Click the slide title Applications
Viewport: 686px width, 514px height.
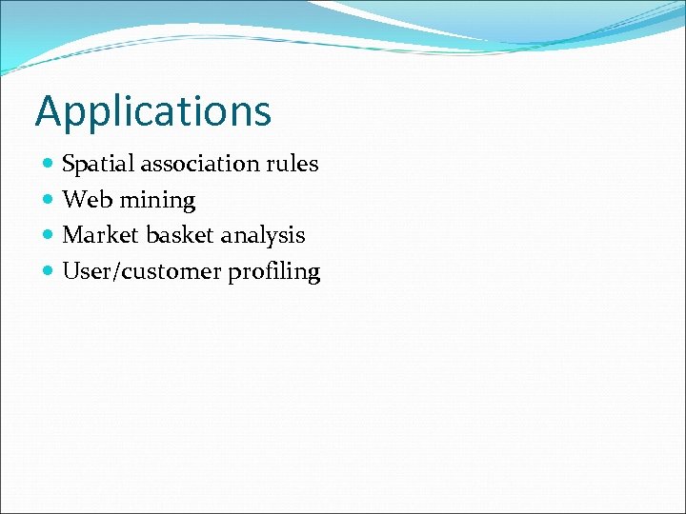tap(153, 111)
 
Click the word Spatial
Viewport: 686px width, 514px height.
tap(98, 165)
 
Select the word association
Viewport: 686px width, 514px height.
tap(201, 164)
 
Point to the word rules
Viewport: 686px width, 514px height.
tap(293, 164)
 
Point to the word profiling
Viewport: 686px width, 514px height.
tap(274, 272)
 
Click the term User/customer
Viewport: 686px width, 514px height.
tap(142, 271)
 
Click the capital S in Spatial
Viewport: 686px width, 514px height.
tap(68, 164)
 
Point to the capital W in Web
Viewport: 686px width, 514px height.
tap(72, 200)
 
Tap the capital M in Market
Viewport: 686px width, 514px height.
tap(71, 235)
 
